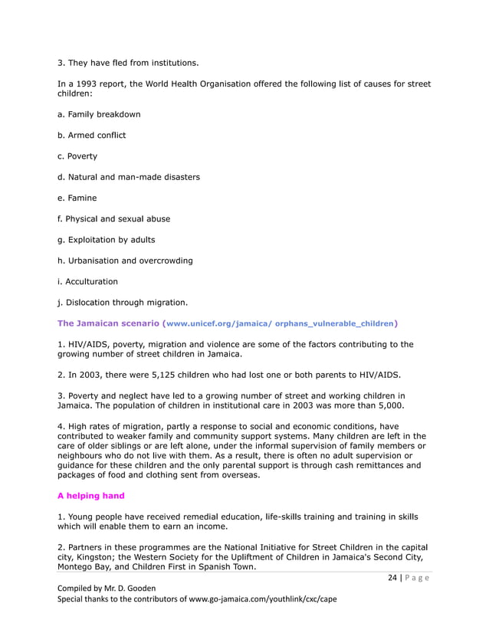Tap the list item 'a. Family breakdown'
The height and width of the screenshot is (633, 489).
[x=99, y=114]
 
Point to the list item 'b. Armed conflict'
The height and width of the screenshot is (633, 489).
[x=91, y=135]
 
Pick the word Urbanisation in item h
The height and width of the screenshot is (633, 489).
[x=97, y=261]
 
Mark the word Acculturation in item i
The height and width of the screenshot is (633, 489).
[x=91, y=281]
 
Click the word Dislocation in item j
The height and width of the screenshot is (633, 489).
[x=90, y=302]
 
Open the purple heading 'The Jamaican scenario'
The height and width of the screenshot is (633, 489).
[x=108, y=323]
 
